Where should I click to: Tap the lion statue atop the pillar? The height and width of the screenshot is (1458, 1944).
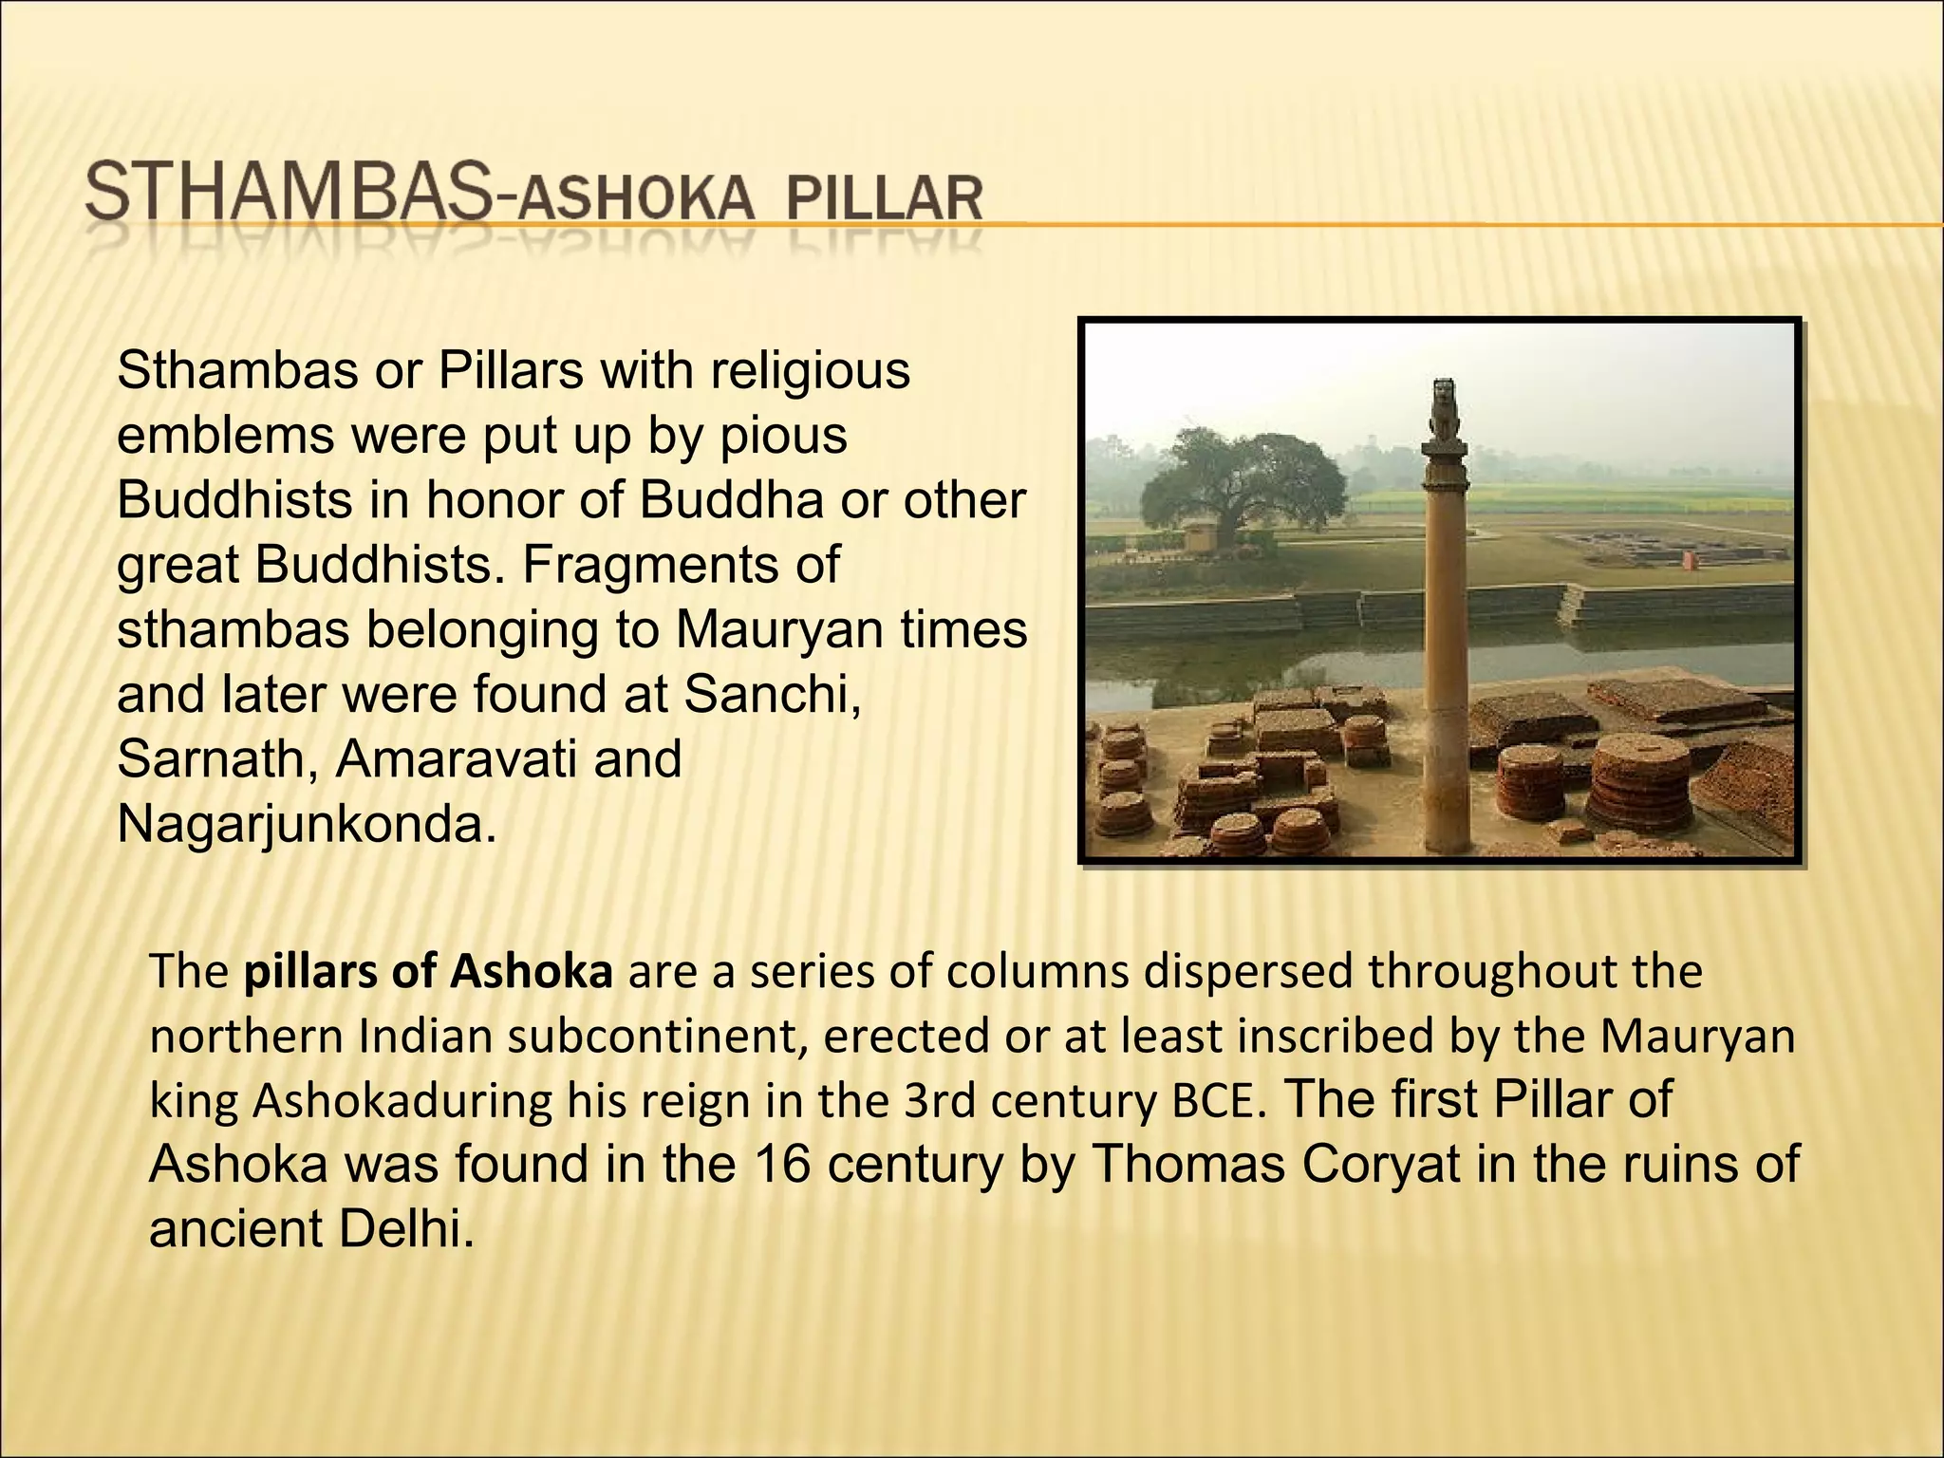1444,407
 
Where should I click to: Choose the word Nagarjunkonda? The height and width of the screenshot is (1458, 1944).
306,825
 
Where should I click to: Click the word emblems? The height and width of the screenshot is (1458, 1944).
226,436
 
